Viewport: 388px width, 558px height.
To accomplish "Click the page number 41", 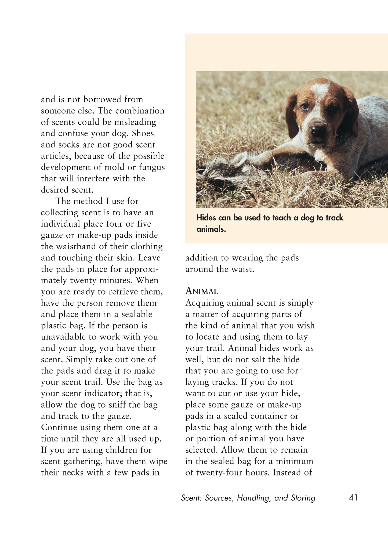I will click(x=353, y=498).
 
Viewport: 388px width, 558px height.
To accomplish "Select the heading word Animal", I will click(x=202, y=291).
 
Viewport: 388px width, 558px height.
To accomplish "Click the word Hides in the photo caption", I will click(x=206, y=218).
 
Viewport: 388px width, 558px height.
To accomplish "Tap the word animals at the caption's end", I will click(x=211, y=229).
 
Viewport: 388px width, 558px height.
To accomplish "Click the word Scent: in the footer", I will click(x=191, y=498).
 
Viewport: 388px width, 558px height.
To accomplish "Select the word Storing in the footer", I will click(x=303, y=498).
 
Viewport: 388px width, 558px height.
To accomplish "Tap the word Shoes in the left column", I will click(x=143, y=133).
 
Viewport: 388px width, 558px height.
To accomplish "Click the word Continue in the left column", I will click(x=59, y=427).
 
